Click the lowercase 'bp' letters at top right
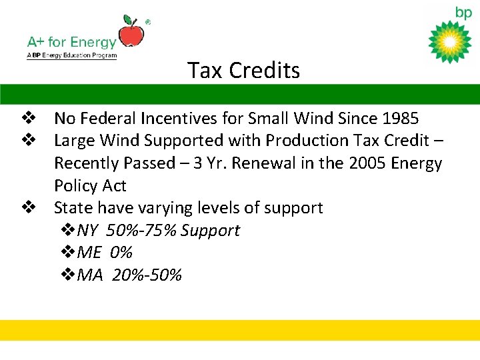(463, 12)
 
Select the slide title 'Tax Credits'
(243, 70)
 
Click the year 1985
(401, 119)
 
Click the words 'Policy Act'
(90, 185)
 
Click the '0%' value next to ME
(122, 253)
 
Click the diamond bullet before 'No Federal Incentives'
(28, 119)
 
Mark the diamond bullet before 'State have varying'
(28, 207)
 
